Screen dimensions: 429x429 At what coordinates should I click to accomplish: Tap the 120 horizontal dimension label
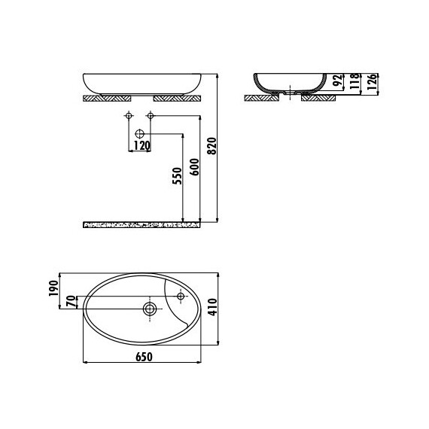[x=141, y=145]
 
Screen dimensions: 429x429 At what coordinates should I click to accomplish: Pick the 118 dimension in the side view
[x=354, y=82]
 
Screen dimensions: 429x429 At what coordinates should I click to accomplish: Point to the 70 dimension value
[x=71, y=302]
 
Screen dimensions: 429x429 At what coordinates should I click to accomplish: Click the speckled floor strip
[x=143, y=224]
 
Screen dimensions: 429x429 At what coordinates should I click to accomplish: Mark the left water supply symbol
[x=129, y=116]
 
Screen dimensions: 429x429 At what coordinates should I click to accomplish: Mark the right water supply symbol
[x=151, y=116]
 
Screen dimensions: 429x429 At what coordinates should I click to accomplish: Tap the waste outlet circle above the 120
[x=139, y=133]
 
